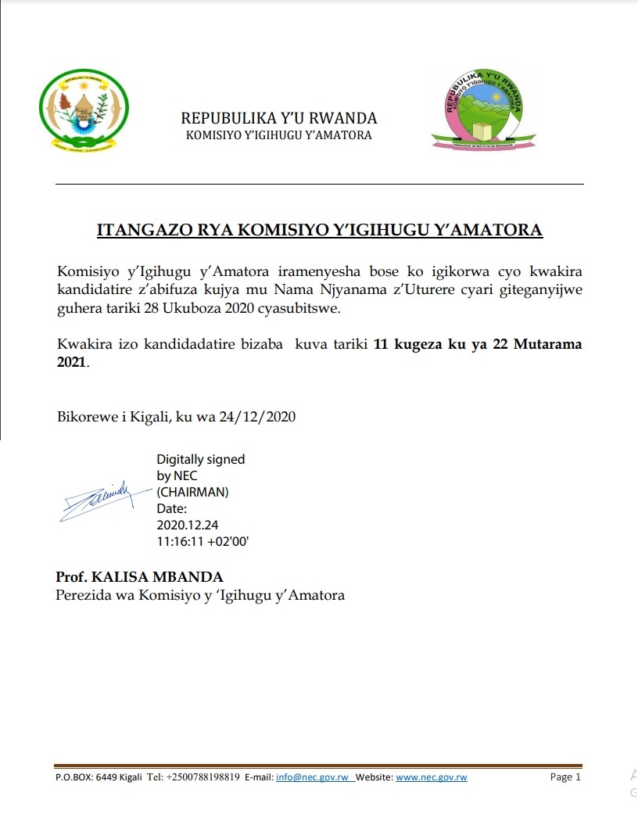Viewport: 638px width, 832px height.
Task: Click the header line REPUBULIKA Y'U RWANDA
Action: coord(279,119)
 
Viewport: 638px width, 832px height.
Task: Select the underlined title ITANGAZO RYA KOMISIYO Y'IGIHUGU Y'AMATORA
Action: coord(319,230)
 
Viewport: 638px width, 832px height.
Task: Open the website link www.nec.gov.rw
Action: coord(432,777)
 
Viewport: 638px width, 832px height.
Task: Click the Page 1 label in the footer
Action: coord(565,777)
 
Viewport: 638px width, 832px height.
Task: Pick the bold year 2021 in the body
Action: coord(72,364)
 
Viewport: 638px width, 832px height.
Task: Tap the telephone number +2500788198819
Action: coord(203,777)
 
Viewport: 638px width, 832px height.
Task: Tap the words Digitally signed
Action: coord(200,459)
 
